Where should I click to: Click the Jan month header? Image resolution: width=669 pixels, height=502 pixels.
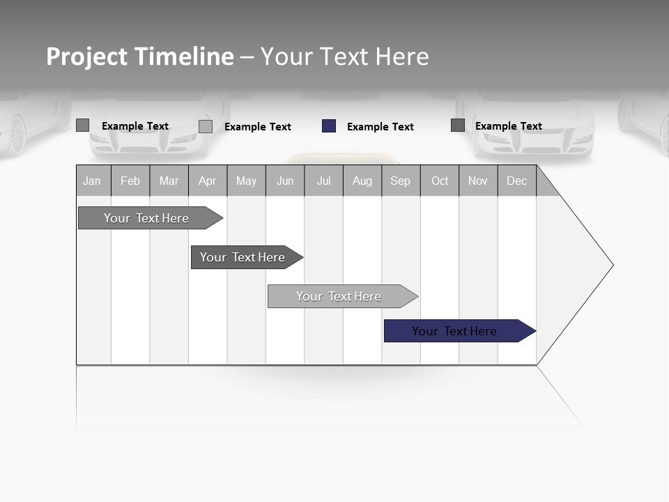(x=92, y=181)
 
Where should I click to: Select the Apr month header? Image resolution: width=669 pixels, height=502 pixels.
(x=207, y=181)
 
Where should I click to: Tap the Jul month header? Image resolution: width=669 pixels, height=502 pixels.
(x=323, y=181)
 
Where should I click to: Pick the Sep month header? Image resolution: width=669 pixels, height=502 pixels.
(x=400, y=181)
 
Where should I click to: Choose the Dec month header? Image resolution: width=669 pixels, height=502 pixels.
(x=516, y=181)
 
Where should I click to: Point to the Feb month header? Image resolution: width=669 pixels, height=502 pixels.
(x=130, y=181)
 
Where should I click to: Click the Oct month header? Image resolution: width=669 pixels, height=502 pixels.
(x=440, y=181)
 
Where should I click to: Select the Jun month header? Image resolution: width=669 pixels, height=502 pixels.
(x=285, y=181)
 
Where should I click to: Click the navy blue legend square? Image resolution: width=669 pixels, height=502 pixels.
(x=329, y=126)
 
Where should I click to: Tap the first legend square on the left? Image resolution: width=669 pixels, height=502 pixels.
(x=83, y=125)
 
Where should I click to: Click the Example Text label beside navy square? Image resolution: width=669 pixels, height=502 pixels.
(x=380, y=127)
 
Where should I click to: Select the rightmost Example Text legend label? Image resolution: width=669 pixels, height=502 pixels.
(x=508, y=126)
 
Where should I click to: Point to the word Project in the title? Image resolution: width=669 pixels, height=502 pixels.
(x=87, y=56)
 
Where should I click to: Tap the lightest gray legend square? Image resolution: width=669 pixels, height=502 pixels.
(x=206, y=126)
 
